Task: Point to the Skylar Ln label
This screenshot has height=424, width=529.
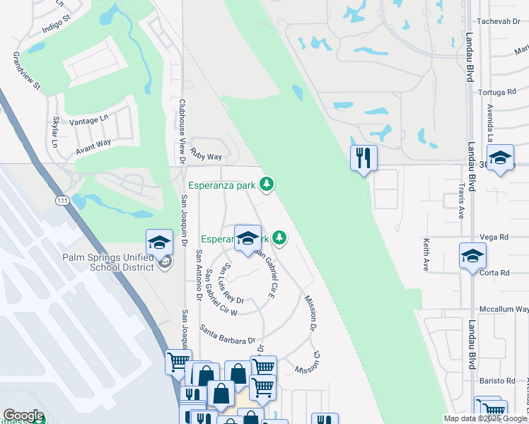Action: point(55,131)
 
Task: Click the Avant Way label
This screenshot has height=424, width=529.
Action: point(93,147)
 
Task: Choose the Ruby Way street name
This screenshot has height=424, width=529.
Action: point(206,156)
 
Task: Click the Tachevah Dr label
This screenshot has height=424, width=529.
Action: point(499,21)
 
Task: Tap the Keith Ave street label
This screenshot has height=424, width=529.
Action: point(426,254)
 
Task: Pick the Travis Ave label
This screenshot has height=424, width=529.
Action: point(460,201)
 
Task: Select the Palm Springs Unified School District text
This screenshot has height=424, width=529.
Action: point(107,262)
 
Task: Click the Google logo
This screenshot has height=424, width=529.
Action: point(23,416)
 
